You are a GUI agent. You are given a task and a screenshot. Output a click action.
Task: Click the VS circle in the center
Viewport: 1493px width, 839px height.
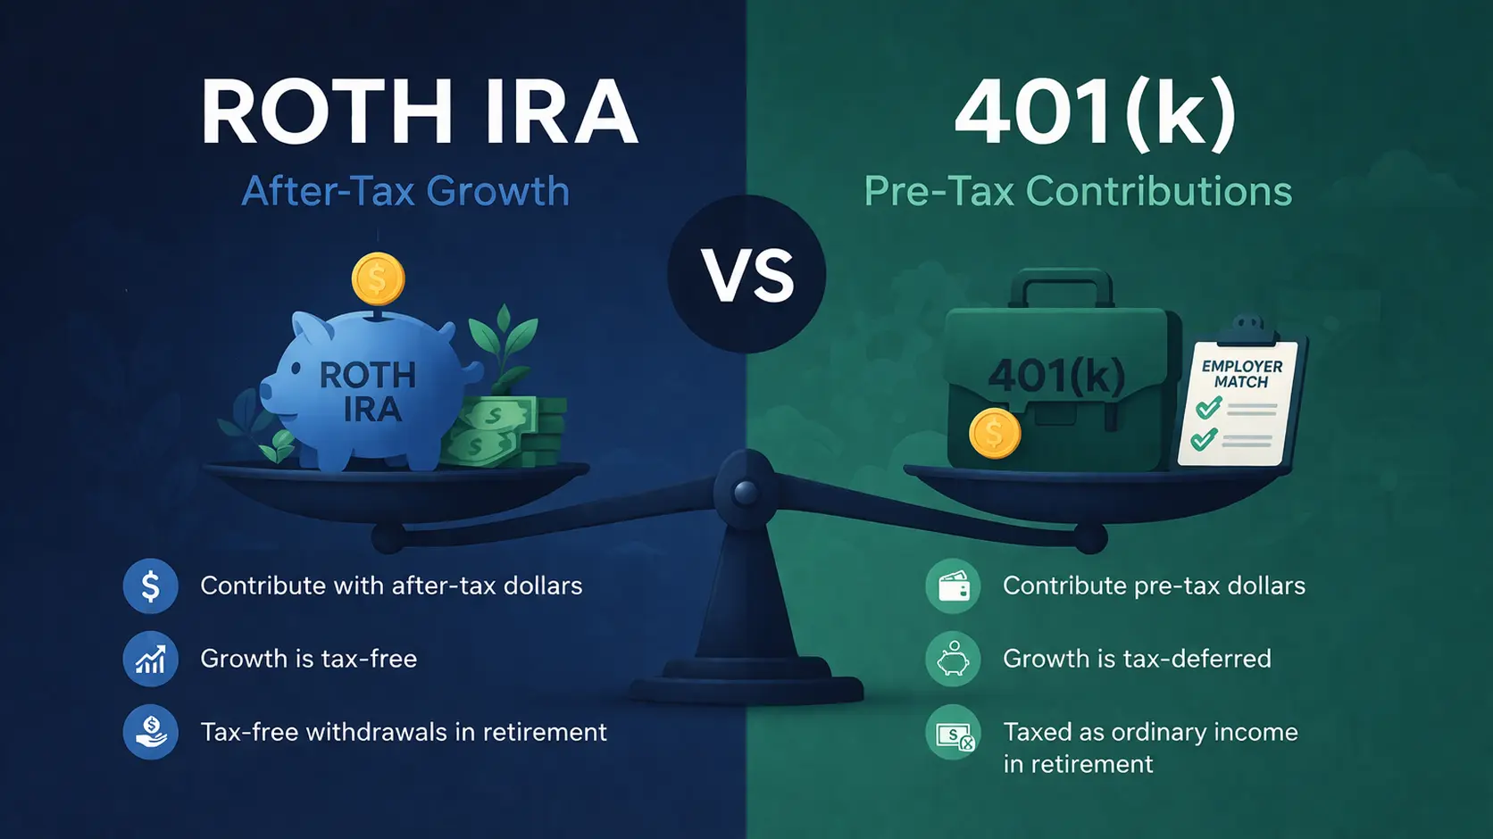(746, 274)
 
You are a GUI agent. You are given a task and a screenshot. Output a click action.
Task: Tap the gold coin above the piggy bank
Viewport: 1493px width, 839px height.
(378, 278)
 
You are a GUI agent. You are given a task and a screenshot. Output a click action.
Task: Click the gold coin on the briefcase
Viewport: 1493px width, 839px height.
(995, 433)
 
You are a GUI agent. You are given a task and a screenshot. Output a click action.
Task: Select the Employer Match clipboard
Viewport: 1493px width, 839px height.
(1240, 402)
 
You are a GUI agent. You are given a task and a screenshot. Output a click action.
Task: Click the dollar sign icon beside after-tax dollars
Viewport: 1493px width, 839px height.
(150, 586)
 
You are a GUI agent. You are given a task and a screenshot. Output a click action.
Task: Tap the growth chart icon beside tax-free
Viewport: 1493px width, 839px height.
(150, 660)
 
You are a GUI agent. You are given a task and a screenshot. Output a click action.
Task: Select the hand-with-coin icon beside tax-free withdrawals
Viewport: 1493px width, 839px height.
(150, 733)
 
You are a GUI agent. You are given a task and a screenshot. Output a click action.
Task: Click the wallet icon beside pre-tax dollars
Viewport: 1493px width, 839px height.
(953, 586)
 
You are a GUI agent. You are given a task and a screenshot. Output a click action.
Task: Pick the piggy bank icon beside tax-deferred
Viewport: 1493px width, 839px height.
(953, 660)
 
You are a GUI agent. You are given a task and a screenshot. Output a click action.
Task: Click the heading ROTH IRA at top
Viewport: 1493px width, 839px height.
(419, 112)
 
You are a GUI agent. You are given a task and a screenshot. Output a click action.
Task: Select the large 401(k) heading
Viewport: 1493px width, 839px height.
(1095, 112)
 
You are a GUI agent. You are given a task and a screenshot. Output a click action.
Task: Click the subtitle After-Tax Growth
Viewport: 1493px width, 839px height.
(405, 191)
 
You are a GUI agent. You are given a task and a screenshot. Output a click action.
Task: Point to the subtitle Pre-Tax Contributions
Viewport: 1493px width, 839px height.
(1078, 191)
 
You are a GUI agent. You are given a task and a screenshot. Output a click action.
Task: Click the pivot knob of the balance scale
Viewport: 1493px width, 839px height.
(746, 491)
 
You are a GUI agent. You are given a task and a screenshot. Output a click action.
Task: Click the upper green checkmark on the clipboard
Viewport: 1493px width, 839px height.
(1208, 409)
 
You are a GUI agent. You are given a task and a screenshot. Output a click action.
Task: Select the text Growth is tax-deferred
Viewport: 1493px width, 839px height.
(1137, 659)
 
